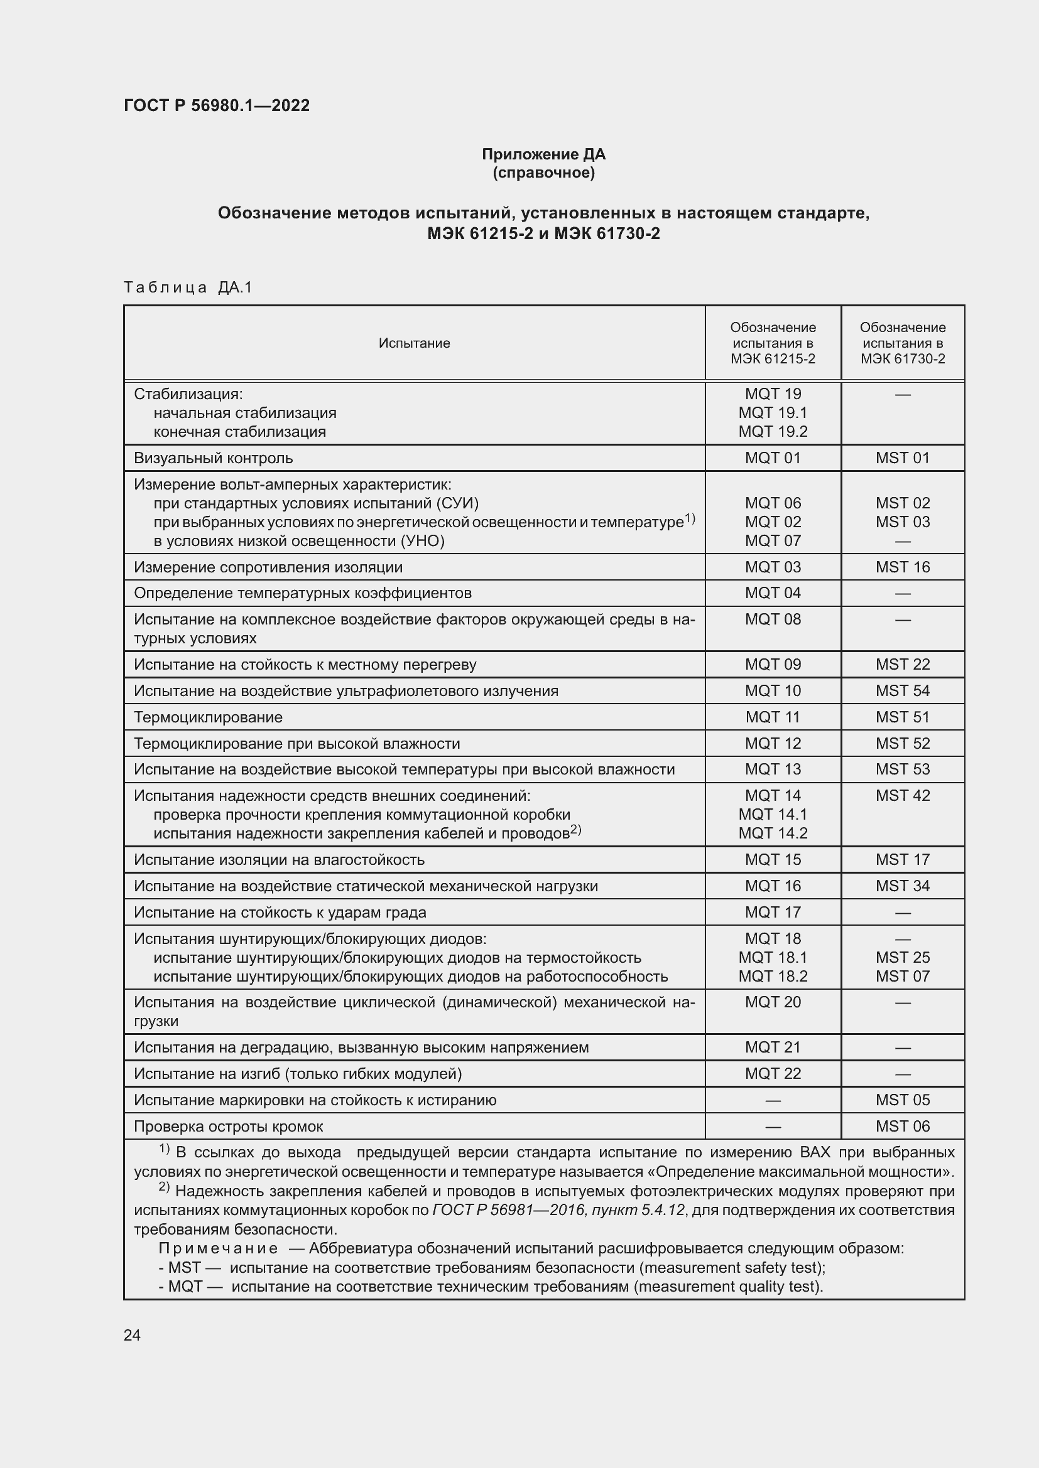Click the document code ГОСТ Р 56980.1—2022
[216, 105]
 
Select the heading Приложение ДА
[543, 154]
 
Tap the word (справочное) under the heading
[543, 173]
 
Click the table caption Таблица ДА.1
[188, 287]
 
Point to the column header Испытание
[414, 343]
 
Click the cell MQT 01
[772, 458]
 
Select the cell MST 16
[902, 567]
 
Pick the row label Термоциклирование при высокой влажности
[297, 744]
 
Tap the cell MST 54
[902, 690]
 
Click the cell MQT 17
[772, 913]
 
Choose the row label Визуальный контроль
[213, 458]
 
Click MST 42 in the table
[902, 795]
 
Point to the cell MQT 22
[772, 1073]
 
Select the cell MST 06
[902, 1126]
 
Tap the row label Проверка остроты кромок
[229, 1126]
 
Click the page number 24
[132, 1335]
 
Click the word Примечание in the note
[217, 1249]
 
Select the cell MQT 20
[772, 1002]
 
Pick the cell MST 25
[902, 957]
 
